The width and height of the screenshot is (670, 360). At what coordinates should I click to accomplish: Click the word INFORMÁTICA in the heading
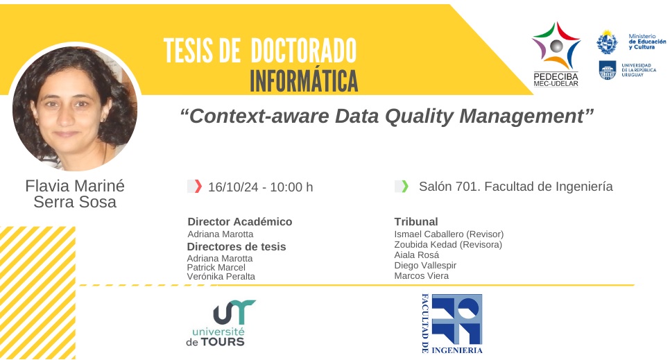[x=304, y=80]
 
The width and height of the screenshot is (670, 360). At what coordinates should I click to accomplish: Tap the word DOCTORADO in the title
[x=303, y=51]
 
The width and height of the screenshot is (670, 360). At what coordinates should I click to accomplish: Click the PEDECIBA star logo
[x=556, y=46]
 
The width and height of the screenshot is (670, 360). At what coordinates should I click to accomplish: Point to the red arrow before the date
[x=198, y=187]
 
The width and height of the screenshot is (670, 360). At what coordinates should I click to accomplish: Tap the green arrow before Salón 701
[x=404, y=186]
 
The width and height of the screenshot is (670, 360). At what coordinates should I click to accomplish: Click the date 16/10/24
[x=233, y=187]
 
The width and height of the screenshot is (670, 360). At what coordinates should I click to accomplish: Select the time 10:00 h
[x=291, y=187]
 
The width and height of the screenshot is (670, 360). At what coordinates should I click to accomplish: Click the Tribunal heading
[x=415, y=221]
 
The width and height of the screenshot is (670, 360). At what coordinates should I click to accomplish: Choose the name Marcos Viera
[x=421, y=276]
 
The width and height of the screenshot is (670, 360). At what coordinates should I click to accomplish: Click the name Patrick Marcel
[x=216, y=267]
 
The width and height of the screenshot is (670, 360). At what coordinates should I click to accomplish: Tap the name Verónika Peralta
[x=221, y=277]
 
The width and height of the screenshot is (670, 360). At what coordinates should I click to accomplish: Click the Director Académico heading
[x=240, y=221]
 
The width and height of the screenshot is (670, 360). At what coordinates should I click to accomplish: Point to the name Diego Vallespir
[x=425, y=266]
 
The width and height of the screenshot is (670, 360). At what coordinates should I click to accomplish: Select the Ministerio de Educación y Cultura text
[x=647, y=42]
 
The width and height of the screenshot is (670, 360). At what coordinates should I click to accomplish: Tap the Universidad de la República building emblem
[x=607, y=69]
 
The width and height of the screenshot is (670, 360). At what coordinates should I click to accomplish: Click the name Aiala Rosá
[x=417, y=255]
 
